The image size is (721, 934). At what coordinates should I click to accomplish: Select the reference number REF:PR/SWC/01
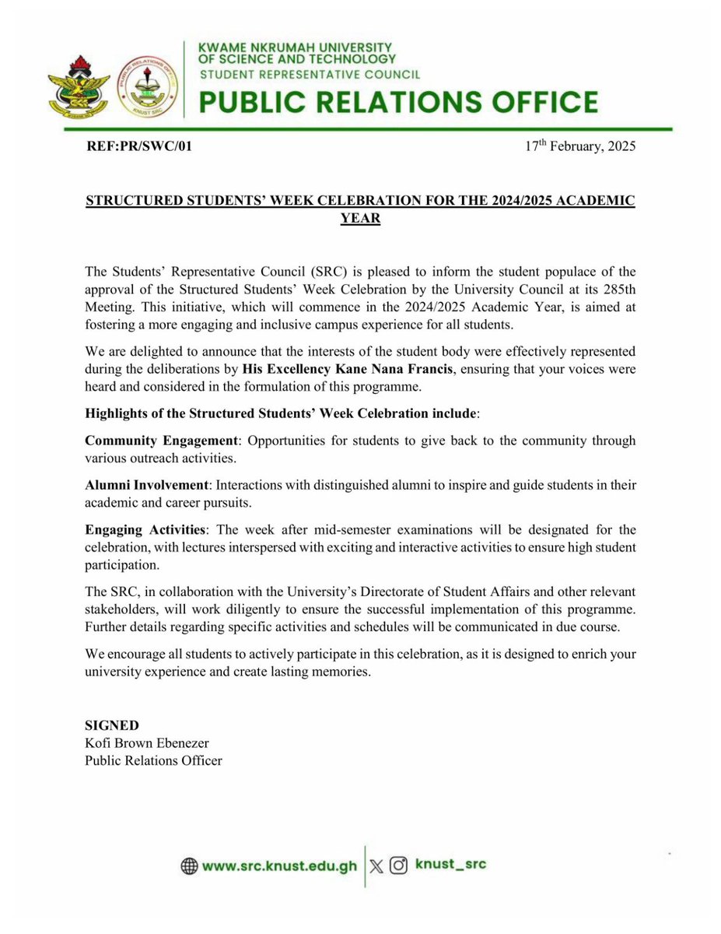pos(138,146)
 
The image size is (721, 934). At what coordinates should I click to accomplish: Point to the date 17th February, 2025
pos(581,146)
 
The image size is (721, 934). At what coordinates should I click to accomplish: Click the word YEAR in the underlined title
pos(360,218)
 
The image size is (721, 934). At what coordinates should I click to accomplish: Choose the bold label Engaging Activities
pos(145,529)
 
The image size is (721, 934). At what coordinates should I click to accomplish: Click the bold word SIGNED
pos(111,726)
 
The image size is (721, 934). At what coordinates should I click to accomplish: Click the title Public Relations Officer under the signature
pos(153,760)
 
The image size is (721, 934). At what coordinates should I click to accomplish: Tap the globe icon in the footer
pos(189,866)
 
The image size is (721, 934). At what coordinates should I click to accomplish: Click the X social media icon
pos(377,865)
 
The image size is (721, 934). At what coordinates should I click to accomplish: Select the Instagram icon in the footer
pos(399,865)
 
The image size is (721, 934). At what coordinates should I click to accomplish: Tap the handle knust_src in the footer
pos(450,864)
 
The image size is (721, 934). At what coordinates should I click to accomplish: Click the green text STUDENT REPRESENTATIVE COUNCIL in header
pos(310,75)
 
